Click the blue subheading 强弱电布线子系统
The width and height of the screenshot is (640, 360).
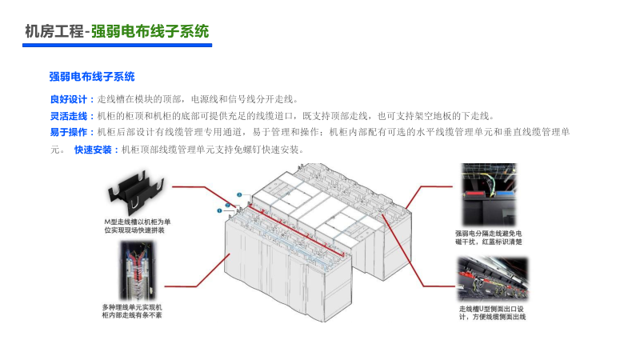tap(92, 77)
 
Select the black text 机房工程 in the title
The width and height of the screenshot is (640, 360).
tap(54, 31)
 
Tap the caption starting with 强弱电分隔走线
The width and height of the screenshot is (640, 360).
tap(490, 237)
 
